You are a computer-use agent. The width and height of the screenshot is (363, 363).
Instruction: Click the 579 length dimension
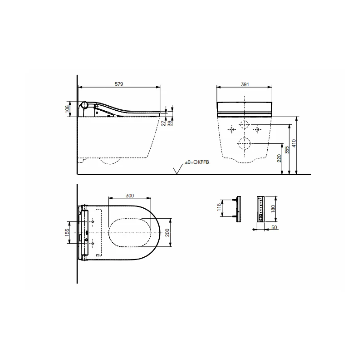pos(119,84)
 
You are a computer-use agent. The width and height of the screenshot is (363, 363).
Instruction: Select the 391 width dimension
pos(245,84)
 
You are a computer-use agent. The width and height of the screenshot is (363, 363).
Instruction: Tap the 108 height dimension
pos(67,109)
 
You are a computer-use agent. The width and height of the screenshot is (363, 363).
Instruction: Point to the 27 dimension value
pos(164,123)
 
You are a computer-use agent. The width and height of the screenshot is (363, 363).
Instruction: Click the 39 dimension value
pos(171,123)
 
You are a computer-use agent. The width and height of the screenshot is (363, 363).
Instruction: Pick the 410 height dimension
pos(294,143)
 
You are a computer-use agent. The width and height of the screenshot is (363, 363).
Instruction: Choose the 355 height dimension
pos(287,150)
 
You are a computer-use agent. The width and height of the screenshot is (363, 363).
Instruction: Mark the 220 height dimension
pos(279,158)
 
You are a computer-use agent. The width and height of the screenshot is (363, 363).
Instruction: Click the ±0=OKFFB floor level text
pos(197,162)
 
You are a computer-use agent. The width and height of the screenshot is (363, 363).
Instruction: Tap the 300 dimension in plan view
pos(130,196)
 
